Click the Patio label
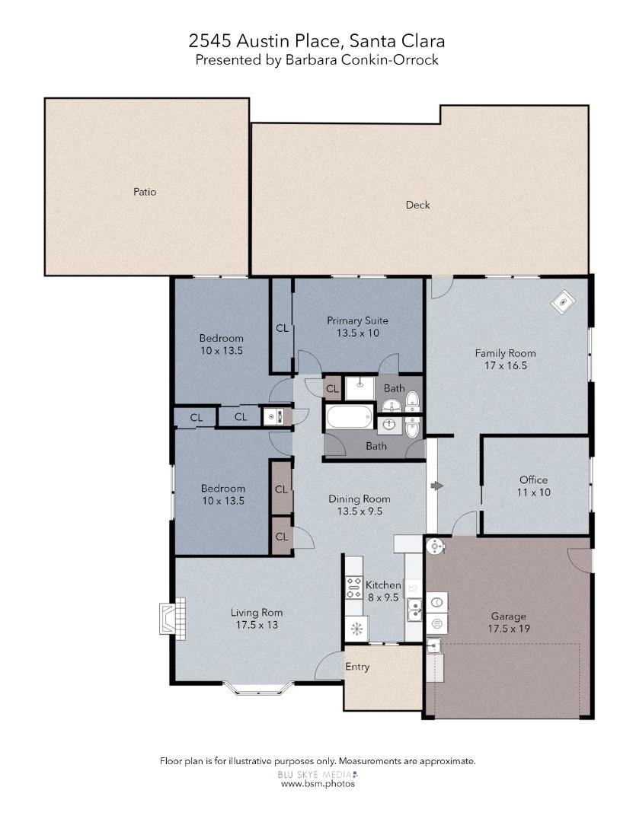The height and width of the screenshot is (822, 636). click(x=145, y=192)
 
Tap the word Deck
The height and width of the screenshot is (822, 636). click(x=417, y=205)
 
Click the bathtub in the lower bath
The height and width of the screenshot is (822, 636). click(x=349, y=417)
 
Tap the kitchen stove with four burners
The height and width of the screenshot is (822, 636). click(x=354, y=588)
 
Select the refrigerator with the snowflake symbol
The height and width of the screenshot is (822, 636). click(x=355, y=628)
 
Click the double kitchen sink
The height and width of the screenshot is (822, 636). click(x=414, y=610)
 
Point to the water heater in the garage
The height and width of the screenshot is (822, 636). click(x=436, y=545)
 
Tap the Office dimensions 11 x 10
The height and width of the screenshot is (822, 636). click(x=533, y=492)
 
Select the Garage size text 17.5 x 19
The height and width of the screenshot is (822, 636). click(x=509, y=629)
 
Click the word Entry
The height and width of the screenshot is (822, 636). click(x=357, y=667)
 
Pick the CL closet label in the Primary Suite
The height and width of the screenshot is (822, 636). click(x=282, y=328)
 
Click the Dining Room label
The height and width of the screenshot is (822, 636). click(x=360, y=499)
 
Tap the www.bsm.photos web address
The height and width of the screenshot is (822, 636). click(x=318, y=783)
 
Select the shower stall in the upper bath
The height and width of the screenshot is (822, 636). click(x=358, y=387)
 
